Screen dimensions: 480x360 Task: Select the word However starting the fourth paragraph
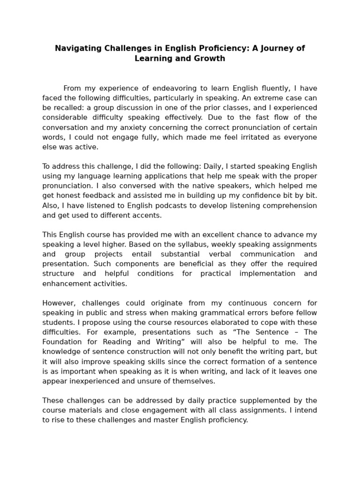[58, 303]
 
